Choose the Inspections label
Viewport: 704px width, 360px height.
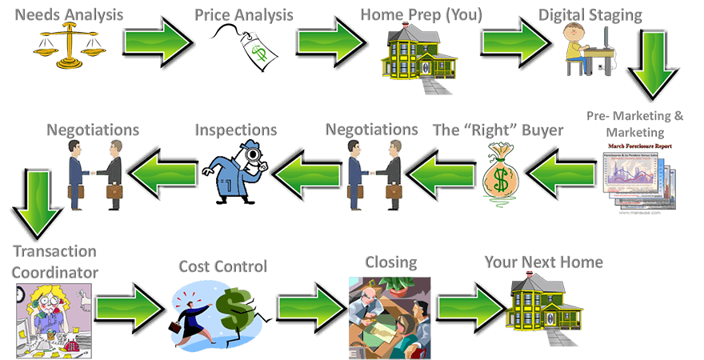click(235, 130)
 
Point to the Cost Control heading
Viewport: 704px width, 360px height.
click(222, 266)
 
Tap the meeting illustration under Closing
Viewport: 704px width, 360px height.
click(390, 317)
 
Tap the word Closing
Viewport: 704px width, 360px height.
click(390, 262)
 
